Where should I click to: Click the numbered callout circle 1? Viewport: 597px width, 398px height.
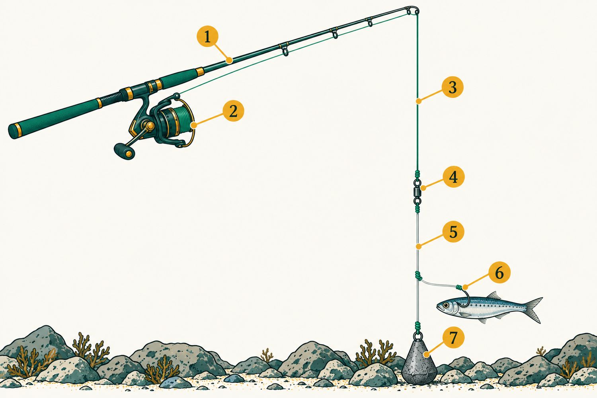click(x=207, y=37)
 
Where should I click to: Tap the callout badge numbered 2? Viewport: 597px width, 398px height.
click(x=233, y=111)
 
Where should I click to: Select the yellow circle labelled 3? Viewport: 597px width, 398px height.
click(x=453, y=87)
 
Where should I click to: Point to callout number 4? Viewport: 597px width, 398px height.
click(x=454, y=177)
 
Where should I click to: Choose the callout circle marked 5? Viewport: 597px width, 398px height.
click(x=453, y=231)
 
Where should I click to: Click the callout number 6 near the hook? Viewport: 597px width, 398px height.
click(x=499, y=273)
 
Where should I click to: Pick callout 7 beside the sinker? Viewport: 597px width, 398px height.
click(x=453, y=338)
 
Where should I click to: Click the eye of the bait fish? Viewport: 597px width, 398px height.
click(x=445, y=305)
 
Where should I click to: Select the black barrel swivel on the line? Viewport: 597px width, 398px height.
click(x=418, y=191)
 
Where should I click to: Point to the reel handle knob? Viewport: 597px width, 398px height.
click(x=124, y=151)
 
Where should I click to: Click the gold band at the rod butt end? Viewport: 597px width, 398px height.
click(x=18, y=131)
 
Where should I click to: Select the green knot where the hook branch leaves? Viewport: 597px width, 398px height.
click(x=419, y=276)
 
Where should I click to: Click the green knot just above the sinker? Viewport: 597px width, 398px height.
click(x=418, y=326)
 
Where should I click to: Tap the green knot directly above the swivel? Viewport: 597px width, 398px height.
click(x=418, y=175)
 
